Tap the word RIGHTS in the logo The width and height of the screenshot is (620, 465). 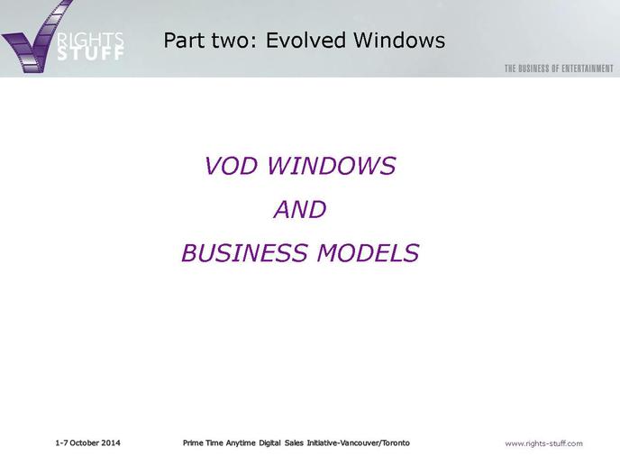tap(90, 40)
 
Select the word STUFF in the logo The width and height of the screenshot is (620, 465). tap(90, 54)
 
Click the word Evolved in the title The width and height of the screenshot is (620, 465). tap(305, 40)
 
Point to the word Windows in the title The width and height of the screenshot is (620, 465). tap(399, 40)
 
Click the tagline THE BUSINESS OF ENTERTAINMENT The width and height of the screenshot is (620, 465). tap(559, 68)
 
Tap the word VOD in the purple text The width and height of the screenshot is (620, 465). tap(231, 166)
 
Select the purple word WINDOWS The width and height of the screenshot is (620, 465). tap(332, 166)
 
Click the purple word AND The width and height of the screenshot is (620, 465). tap(300, 209)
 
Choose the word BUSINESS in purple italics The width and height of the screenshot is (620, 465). tap(244, 252)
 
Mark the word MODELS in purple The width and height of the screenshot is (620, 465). tap(368, 252)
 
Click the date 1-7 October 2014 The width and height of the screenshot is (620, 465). tap(87, 442)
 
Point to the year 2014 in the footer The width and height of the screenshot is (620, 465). tap(111, 442)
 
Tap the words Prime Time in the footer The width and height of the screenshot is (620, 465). tap(203, 442)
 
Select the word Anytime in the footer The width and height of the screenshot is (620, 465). tap(241, 443)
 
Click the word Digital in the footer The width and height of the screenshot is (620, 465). tap(269, 443)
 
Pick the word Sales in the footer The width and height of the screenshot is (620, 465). tap(294, 442)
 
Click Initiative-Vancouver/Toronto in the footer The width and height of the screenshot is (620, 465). tap(359, 442)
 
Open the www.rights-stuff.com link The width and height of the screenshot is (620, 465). tap(543, 443)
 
